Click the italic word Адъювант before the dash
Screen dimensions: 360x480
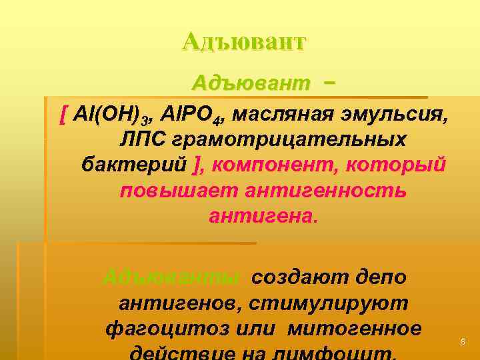pyautogui.click(x=251, y=83)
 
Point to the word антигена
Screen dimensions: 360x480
pyautogui.click(x=263, y=215)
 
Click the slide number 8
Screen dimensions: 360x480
pyautogui.click(x=463, y=342)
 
